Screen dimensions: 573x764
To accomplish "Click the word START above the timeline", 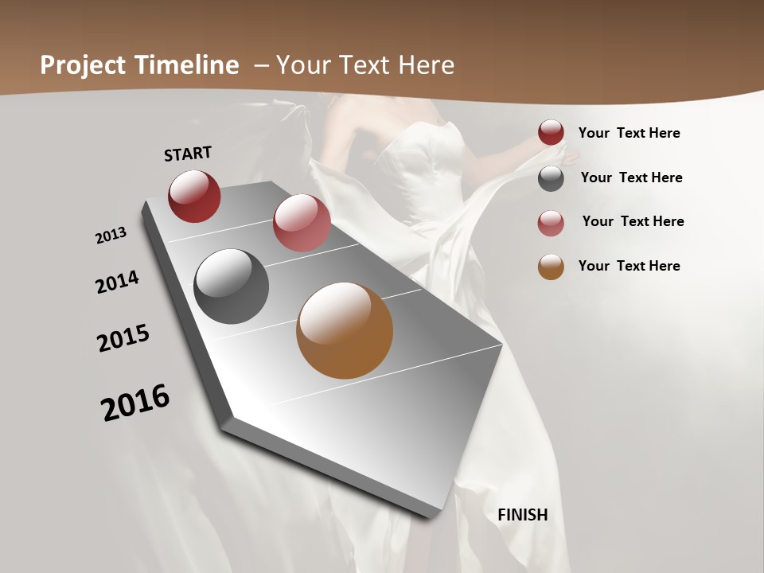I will pyautogui.click(x=188, y=154).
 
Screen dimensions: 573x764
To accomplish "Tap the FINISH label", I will pyautogui.click(x=523, y=515).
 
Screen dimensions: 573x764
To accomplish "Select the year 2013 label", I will pyautogui.click(x=111, y=236).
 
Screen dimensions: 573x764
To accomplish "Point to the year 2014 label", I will pyautogui.click(x=117, y=282).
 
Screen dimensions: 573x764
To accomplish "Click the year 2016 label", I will pyautogui.click(x=135, y=403).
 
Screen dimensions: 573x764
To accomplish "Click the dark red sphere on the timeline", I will pyautogui.click(x=194, y=196).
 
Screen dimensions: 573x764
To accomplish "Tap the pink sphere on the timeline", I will pyautogui.click(x=302, y=223).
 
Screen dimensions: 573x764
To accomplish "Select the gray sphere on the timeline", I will pyautogui.click(x=232, y=286).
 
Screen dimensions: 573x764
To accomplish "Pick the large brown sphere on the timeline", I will pyautogui.click(x=345, y=330).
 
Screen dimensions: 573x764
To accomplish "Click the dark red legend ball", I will pyautogui.click(x=551, y=133).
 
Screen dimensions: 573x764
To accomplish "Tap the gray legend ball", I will pyautogui.click(x=551, y=178).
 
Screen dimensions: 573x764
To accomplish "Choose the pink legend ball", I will pyautogui.click(x=551, y=223).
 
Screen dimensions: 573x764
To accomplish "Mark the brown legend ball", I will pyautogui.click(x=551, y=267).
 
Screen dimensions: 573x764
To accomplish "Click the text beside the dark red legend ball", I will pyautogui.click(x=629, y=134).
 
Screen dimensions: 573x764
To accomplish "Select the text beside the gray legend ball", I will pyautogui.click(x=631, y=177).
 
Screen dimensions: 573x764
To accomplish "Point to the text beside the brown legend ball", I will pyautogui.click(x=629, y=266).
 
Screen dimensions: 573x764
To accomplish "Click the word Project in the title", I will pyautogui.click(x=83, y=65).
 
